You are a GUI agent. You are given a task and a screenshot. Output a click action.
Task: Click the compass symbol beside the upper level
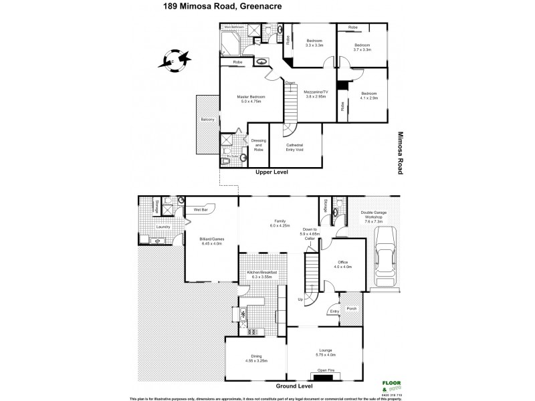tap(174, 61)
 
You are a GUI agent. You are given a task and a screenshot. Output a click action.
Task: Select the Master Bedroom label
tap(251, 100)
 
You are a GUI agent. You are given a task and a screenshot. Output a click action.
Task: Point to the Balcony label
tap(207, 120)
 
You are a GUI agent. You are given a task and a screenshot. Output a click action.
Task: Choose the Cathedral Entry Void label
tap(295, 148)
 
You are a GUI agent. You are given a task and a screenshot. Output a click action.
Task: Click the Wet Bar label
tap(201, 210)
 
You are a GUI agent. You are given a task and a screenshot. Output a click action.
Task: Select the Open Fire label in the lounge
tap(326, 370)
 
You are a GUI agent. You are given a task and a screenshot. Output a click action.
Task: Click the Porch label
tap(352, 308)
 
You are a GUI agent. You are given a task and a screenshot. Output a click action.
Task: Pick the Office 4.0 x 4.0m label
tap(344, 265)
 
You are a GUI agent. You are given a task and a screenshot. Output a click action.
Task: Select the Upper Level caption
tap(273, 172)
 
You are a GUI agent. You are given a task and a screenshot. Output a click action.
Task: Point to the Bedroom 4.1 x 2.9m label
tap(369, 96)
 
